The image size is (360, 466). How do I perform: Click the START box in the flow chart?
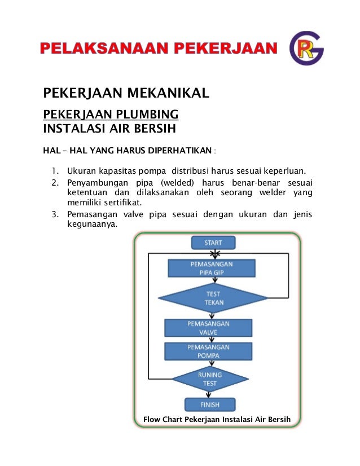tap(213, 243)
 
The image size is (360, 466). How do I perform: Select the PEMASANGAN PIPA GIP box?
tap(212, 268)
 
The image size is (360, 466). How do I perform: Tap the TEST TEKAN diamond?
tap(213, 298)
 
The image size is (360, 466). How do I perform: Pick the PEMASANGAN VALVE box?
tap(208, 328)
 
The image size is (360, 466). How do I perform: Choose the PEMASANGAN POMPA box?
tap(208, 351)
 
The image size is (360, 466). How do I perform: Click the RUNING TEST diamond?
tap(209, 379)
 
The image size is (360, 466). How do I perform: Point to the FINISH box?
tap(210, 405)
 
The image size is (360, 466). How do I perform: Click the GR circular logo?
tap(306, 49)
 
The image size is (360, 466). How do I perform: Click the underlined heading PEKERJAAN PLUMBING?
tap(111, 115)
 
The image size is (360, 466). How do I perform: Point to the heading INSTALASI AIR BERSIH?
tap(109, 128)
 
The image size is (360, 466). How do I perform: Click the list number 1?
tap(54, 170)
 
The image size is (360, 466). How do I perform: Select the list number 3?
tap(54, 214)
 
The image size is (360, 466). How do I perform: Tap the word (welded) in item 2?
tap(177, 183)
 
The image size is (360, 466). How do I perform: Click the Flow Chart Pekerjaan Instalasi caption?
tap(217, 420)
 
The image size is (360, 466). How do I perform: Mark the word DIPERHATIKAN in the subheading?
tap(179, 151)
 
